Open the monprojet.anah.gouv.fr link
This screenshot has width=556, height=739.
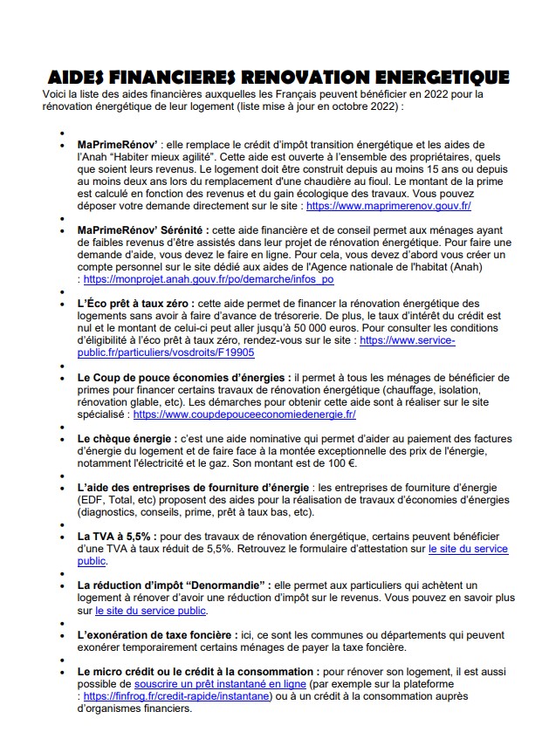[209, 280]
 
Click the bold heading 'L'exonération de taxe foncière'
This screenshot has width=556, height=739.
[157, 635]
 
